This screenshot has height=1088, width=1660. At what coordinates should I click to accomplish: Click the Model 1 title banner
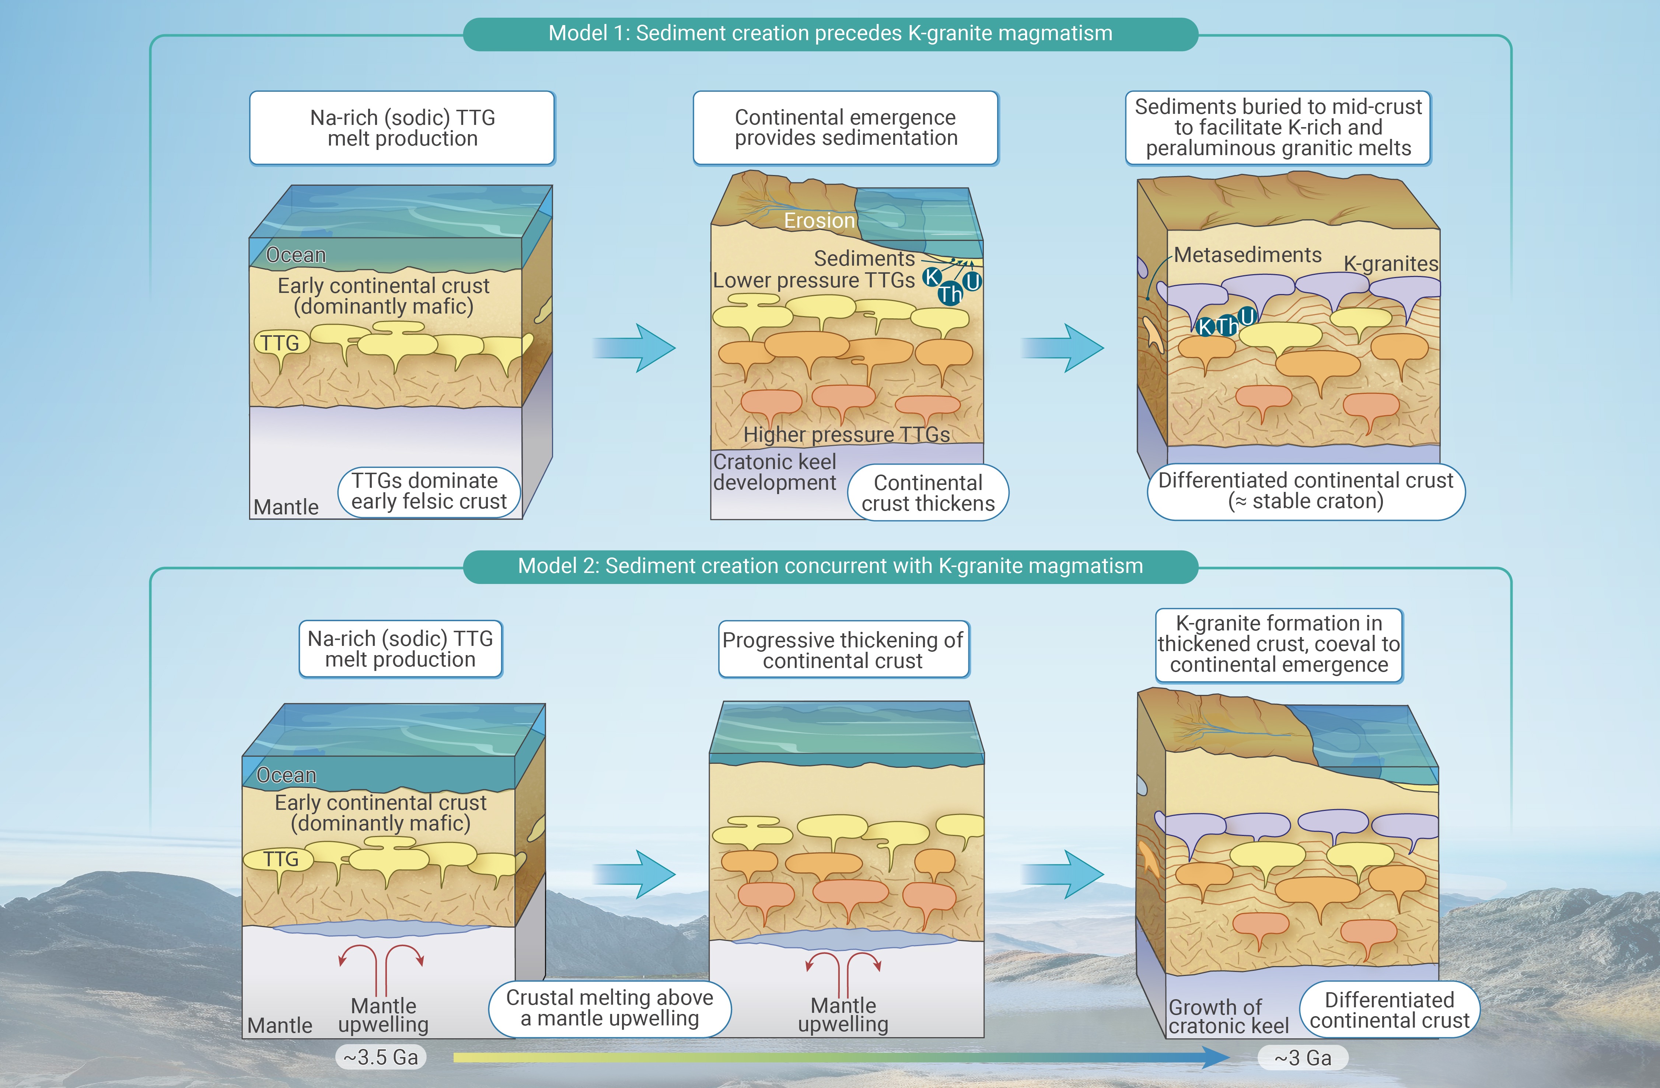830,34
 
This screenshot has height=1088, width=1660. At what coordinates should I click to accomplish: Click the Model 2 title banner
830,566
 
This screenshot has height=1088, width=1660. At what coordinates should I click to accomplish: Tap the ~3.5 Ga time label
381,1057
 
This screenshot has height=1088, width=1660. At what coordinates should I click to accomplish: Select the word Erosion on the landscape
819,221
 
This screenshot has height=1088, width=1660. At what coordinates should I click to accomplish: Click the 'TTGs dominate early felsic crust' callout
429,492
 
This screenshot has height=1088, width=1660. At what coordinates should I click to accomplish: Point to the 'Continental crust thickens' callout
928,493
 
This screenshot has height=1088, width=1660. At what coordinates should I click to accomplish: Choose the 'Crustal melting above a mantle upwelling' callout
609,1008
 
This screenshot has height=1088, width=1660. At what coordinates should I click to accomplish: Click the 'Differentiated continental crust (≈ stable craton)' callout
1306,491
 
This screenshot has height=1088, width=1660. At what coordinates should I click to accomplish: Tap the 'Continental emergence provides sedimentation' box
846,127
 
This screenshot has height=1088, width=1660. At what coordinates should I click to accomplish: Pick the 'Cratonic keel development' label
774,472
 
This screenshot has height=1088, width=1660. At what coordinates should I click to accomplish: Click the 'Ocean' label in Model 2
287,776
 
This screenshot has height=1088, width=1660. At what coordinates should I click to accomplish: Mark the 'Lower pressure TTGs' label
813,280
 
